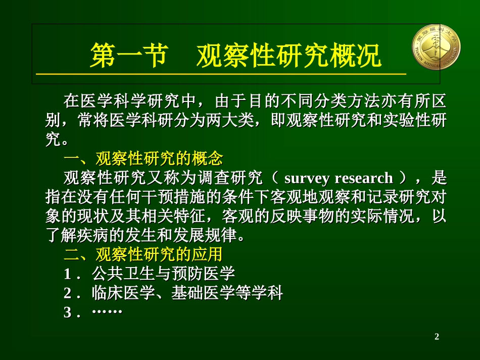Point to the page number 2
pyautogui.click(x=437, y=336)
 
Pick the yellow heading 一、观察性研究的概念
pyautogui.click(x=143, y=159)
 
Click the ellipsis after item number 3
pyautogui.click(x=108, y=312)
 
